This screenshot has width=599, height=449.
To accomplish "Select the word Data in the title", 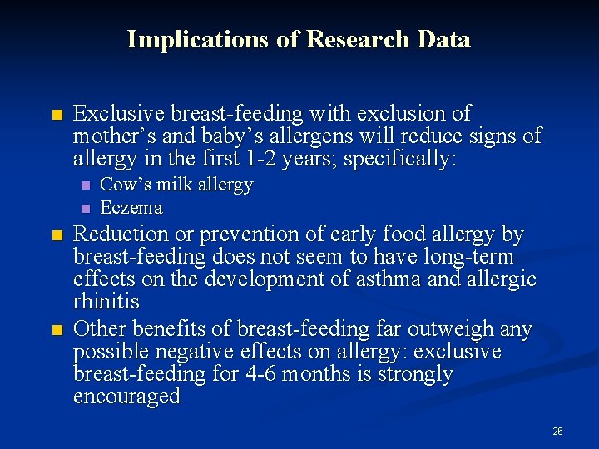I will coord(445,39).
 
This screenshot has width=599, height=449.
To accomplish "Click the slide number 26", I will coord(557,432).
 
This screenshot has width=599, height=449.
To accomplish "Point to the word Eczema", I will coord(131,207).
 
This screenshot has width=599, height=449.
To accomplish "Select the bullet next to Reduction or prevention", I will coord(56,236).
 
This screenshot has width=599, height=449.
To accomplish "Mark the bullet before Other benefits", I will coord(56,330).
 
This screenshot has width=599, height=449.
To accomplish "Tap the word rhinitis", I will coord(106,301).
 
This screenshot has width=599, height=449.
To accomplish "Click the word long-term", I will coord(477,257).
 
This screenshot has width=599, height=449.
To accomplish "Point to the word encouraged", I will coord(127,397).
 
